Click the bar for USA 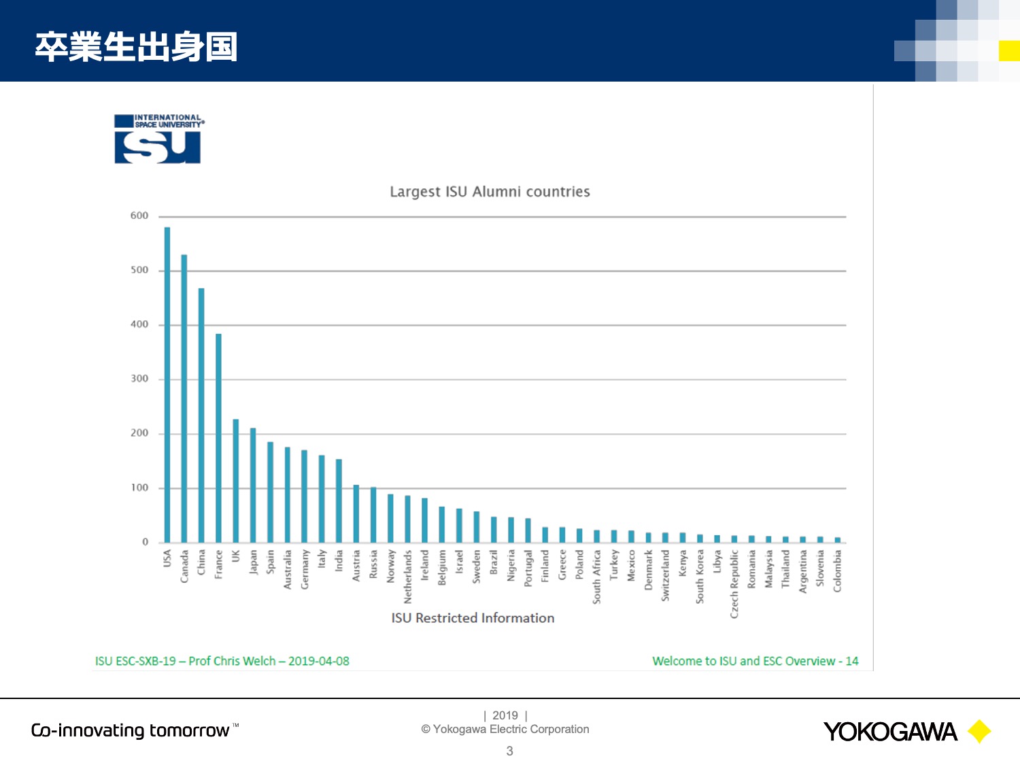[x=167, y=385]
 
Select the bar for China [x=201, y=415]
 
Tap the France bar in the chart [x=218, y=438]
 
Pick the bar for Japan [x=253, y=485]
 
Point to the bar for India [x=339, y=500]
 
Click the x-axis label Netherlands [x=407, y=577]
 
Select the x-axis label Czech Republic [x=734, y=584]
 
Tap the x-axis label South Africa [x=596, y=577]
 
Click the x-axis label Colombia [x=837, y=571]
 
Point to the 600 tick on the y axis [x=139, y=216]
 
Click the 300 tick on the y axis [x=139, y=379]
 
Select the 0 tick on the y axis [x=146, y=541]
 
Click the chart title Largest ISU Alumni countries [x=490, y=192]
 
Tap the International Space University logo [x=158, y=139]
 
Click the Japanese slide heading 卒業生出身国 [x=136, y=47]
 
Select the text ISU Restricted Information [x=473, y=617]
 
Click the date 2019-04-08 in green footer [x=319, y=661]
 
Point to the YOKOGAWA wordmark [x=890, y=732]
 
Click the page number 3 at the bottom [x=510, y=751]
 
